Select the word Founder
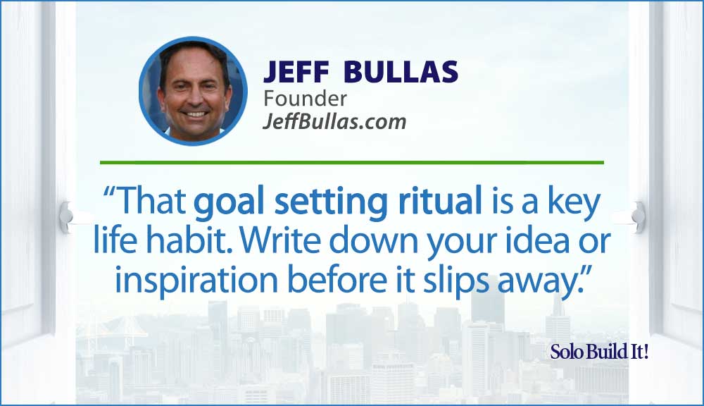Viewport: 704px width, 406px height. pos(305,99)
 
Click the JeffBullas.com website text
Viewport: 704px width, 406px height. pos(334,121)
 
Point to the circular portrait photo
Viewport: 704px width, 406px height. pos(193,91)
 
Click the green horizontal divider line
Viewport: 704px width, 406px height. pos(351,162)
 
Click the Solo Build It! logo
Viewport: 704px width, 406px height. pos(599,352)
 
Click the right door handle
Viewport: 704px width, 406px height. pos(638,217)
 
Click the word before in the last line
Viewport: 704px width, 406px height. pos(337,281)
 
